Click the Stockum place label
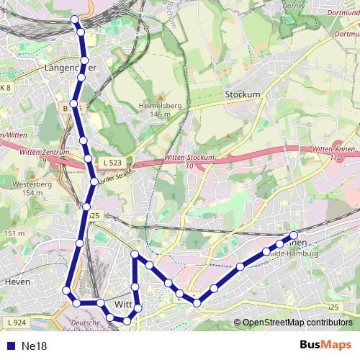[242, 94]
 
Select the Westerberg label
[28, 184]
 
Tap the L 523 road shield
[110, 162]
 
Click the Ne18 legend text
[34, 346]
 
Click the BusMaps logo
[325, 345]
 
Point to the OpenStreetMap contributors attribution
[297, 323]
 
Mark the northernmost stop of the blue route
[76, 19]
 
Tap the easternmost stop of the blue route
[294, 235]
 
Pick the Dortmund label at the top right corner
[343, 12]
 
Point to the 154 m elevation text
[28, 193]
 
